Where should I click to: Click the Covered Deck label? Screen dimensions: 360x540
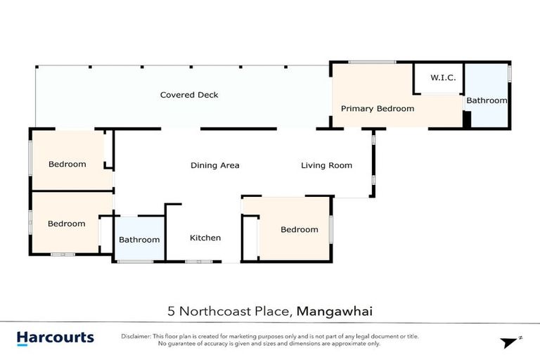point(188,95)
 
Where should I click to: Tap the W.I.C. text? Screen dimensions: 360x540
point(444,77)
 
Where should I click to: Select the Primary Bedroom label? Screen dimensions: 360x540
point(377,109)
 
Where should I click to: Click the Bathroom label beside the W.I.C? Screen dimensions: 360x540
point(487,101)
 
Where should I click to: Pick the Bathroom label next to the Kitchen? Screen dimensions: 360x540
point(139,240)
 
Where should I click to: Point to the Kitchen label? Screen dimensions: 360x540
point(205,238)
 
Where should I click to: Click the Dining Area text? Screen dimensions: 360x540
point(214,166)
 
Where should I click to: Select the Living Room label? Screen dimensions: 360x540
point(326,166)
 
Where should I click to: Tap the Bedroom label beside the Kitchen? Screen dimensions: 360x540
point(299,229)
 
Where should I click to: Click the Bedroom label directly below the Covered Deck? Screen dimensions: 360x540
point(67,165)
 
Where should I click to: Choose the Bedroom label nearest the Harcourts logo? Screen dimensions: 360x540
point(66,224)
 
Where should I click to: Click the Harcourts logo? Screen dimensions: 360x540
point(55,337)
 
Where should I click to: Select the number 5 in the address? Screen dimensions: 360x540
point(171,310)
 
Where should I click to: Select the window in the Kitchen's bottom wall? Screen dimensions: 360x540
point(198,262)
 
